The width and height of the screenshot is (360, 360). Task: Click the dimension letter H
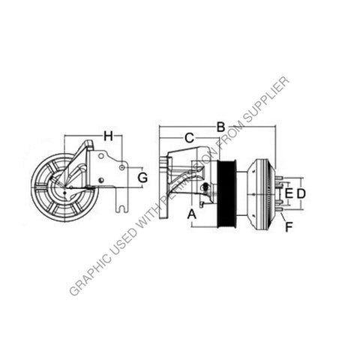coord(108,136)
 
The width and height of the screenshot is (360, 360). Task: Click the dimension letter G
coord(142,178)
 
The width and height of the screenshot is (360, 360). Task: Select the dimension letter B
coord(220,127)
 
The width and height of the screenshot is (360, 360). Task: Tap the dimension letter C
coord(189,137)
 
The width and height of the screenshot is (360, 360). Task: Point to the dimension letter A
coord(191,214)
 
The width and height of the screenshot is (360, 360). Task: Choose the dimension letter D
coord(301,193)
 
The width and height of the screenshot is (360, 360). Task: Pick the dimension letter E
coord(288,193)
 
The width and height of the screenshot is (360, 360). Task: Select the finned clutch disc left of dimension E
coord(259,193)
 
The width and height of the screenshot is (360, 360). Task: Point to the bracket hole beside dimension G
coord(121,169)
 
